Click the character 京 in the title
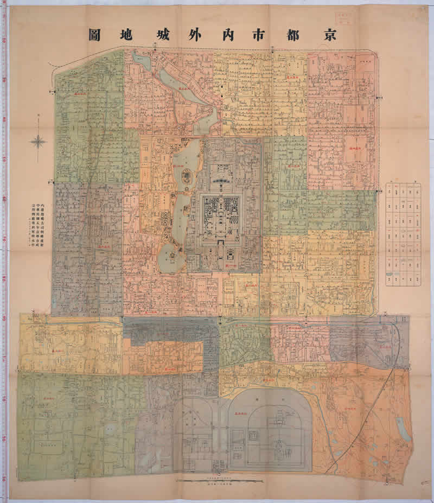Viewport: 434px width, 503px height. (327, 34)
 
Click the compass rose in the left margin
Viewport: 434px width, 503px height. (38, 142)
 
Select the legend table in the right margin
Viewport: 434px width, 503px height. (403, 234)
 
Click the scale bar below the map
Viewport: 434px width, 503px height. (220, 481)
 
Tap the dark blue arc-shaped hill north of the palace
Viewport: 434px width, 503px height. (221, 181)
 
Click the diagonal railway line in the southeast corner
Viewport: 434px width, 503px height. (369, 418)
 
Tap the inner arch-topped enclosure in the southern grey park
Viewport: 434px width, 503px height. (270, 429)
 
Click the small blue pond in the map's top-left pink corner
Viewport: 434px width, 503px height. (142, 61)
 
